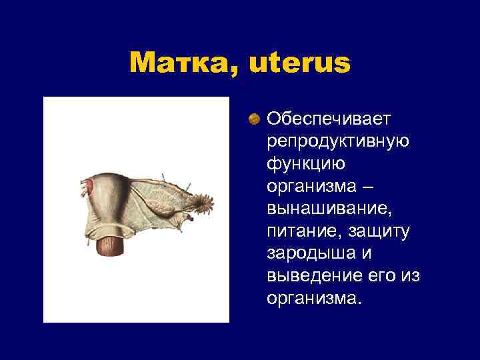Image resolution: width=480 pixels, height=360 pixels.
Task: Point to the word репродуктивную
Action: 338,141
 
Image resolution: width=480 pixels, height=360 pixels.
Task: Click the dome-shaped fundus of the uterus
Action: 111,180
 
